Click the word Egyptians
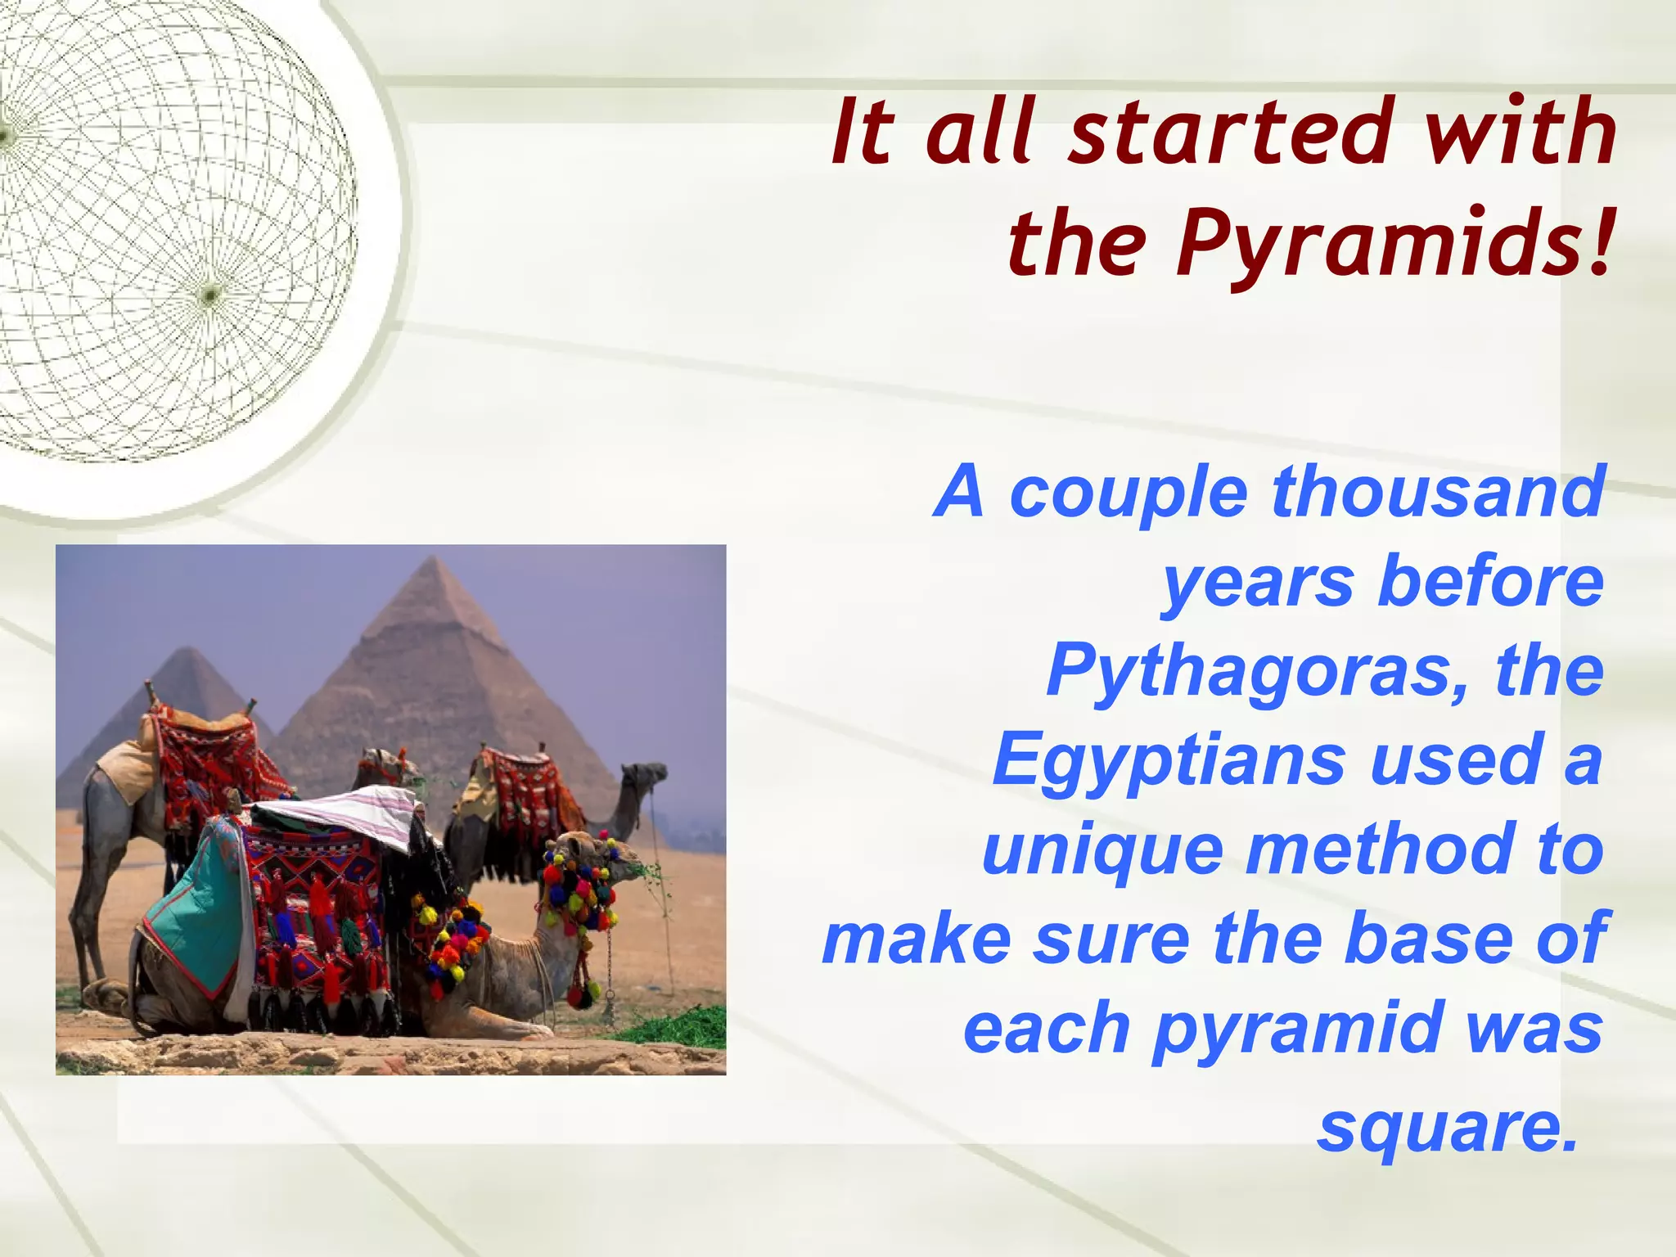click(1169, 760)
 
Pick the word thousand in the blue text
click(1437, 493)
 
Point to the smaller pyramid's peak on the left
click(187, 649)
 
